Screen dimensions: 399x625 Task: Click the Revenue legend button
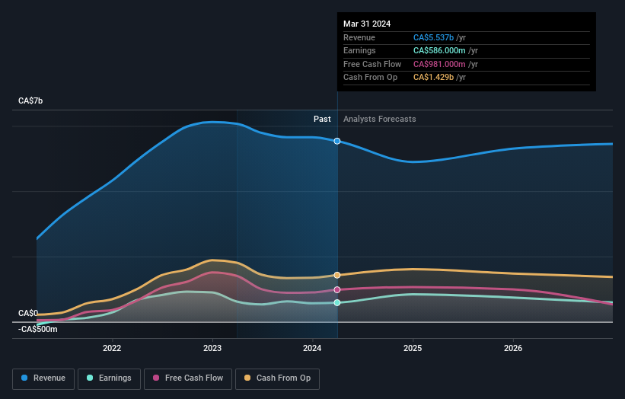44,378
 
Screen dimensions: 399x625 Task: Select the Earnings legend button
110,378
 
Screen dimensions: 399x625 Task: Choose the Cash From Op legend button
278,378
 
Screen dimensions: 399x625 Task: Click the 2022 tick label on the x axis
112,348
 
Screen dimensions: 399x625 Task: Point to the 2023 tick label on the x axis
212,348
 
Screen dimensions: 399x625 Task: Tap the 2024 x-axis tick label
312,348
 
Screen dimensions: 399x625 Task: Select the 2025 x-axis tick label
413,348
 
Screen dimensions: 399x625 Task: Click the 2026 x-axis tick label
513,348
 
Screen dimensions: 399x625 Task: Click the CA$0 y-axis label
28,313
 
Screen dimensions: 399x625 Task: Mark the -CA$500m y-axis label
38,329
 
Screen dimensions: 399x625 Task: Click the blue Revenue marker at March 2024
337,141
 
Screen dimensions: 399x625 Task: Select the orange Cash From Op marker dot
337,275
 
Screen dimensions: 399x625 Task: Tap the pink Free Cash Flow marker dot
337,289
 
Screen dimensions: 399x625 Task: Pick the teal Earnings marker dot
337,302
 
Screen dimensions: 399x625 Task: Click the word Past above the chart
322,119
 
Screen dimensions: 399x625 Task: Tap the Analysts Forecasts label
380,119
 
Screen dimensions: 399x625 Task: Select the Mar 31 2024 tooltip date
367,24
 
